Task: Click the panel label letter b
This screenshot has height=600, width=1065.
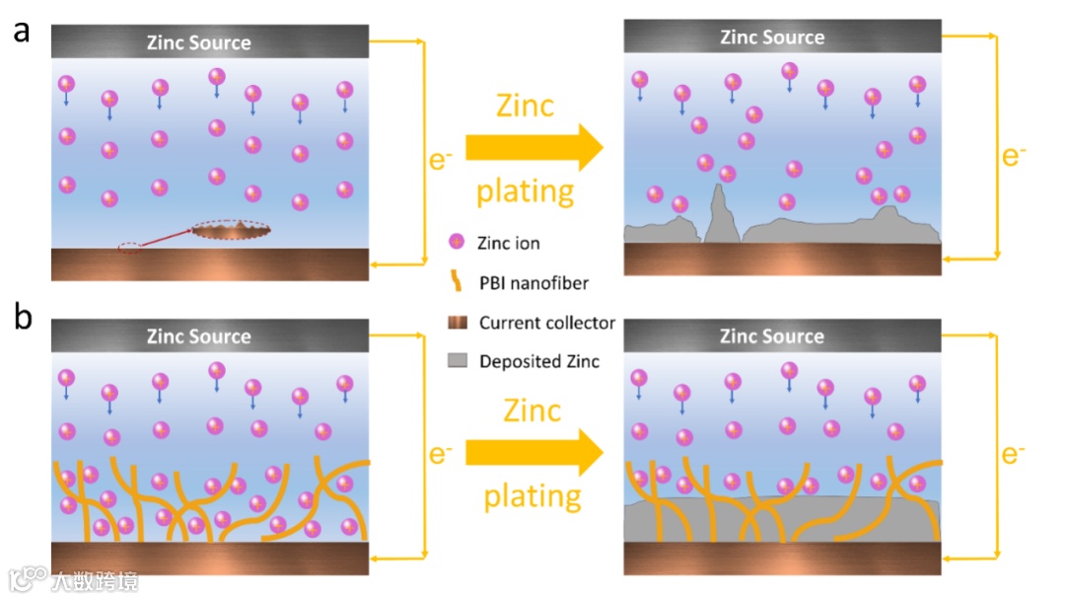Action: (x=22, y=318)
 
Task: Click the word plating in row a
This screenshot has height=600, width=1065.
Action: (x=525, y=189)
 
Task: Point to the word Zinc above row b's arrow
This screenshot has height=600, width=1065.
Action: (x=532, y=410)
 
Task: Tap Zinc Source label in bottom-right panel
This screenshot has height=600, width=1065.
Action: (x=771, y=337)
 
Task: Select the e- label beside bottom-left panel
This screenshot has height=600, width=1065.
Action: (x=441, y=454)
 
